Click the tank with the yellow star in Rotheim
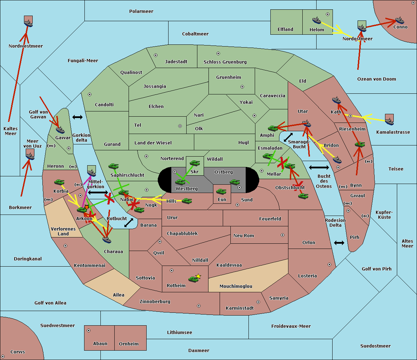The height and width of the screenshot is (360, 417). click(193, 279)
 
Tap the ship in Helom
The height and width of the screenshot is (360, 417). click(317, 20)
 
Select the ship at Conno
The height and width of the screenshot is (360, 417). click(400, 20)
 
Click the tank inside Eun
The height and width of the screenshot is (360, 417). click(221, 191)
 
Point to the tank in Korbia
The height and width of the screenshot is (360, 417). click(59, 182)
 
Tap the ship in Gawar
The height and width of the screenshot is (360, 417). click(60, 130)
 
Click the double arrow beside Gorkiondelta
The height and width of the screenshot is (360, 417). click(77, 117)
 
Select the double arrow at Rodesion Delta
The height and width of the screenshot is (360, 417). click(339, 243)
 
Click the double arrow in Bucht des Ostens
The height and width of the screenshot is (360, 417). click(319, 167)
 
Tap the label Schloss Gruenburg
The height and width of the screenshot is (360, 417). click(225, 62)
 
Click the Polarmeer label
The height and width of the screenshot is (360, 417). click(141, 11)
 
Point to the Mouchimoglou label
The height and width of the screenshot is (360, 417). click(236, 286)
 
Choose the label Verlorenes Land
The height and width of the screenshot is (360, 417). click(63, 232)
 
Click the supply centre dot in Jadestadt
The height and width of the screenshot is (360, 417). click(156, 55)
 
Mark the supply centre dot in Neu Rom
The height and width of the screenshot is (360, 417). click(283, 235)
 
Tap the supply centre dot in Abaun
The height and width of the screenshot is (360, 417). click(89, 330)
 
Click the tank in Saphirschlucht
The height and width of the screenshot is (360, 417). click(113, 166)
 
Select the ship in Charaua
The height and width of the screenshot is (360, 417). click(107, 240)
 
